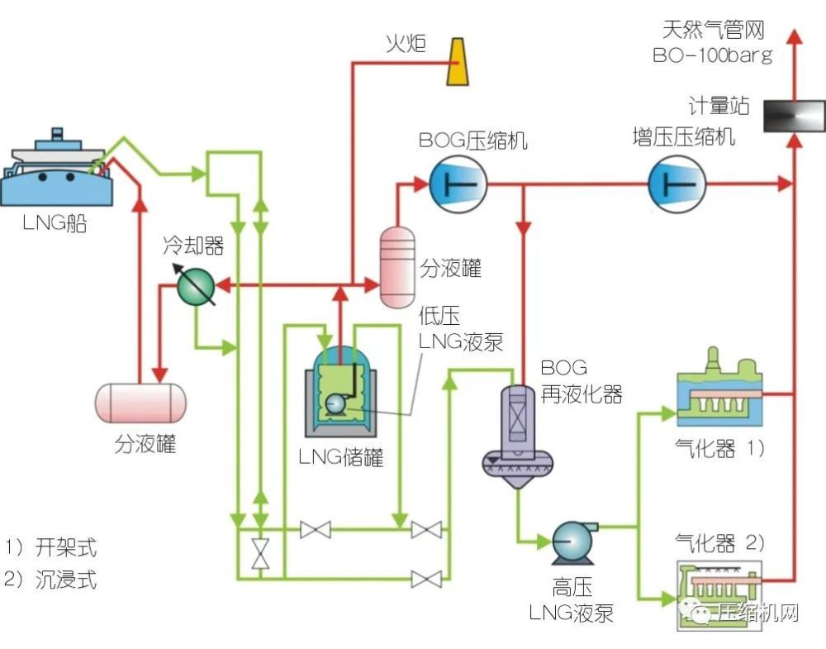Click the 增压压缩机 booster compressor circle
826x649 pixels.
(x=676, y=183)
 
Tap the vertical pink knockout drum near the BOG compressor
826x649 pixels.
(x=397, y=266)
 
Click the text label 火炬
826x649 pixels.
(x=406, y=43)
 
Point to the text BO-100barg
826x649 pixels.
(x=712, y=56)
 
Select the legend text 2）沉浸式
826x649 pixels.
(x=51, y=580)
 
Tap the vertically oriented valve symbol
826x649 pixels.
(x=260, y=552)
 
